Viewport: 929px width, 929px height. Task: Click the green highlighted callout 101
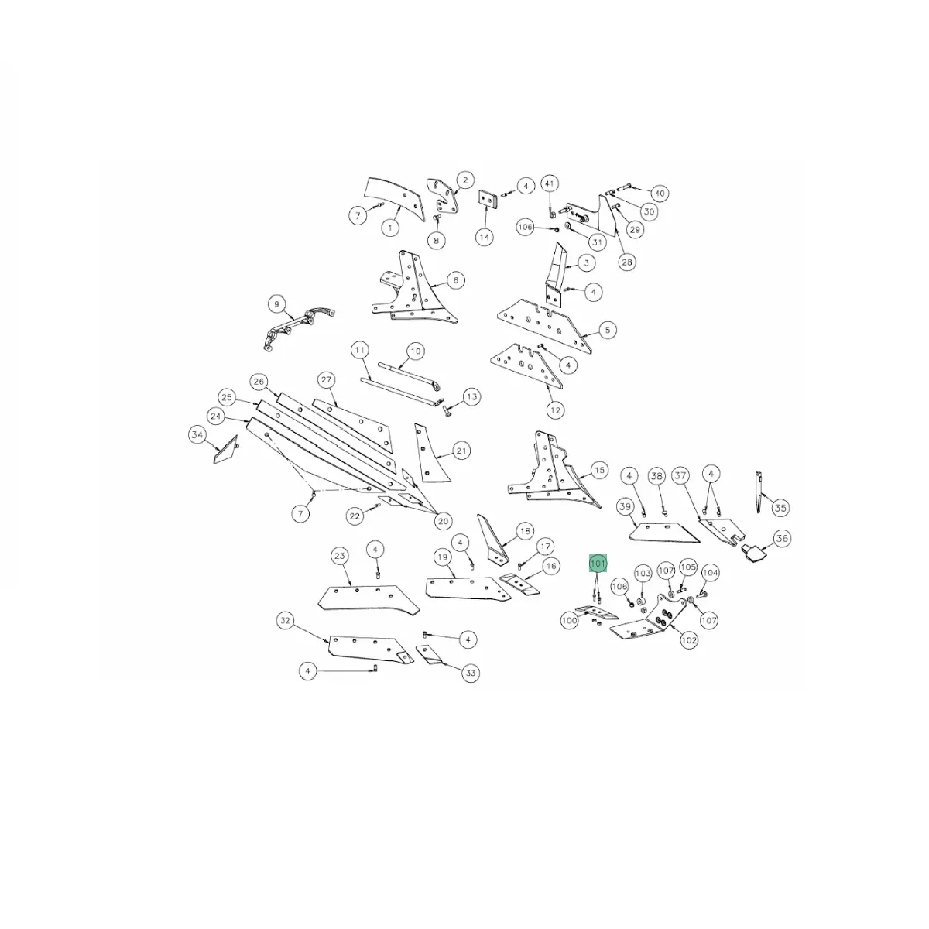point(598,563)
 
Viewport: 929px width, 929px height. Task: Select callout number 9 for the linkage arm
point(276,304)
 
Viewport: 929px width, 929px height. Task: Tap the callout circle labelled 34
point(197,435)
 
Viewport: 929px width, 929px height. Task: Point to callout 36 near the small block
point(782,538)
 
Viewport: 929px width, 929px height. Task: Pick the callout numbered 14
point(484,237)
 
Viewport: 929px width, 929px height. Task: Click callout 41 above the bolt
point(550,183)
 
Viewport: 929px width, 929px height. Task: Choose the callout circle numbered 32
point(286,620)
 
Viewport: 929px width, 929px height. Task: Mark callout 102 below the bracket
point(689,640)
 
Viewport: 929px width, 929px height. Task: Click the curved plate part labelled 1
point(394,199)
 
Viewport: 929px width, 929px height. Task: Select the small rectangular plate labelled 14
point(488,197)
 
